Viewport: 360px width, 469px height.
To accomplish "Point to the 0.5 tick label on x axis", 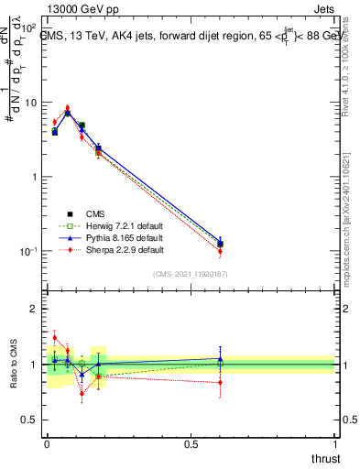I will click(x=190, y=444).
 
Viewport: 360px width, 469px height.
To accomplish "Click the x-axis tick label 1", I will click(x=334, y=444).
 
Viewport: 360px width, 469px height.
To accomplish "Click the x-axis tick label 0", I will click(x=47, y=444).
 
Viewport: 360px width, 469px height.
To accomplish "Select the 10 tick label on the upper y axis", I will click(x=32, y=103).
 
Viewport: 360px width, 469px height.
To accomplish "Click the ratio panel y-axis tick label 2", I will click(x=35, y=309).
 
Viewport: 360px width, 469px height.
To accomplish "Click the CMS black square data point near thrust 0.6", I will click(x=220, y=244).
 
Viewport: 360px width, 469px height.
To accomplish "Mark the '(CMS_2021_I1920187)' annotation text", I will click(x=191, y=273).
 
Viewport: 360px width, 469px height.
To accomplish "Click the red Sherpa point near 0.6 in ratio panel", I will click(x=220, y=382).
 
